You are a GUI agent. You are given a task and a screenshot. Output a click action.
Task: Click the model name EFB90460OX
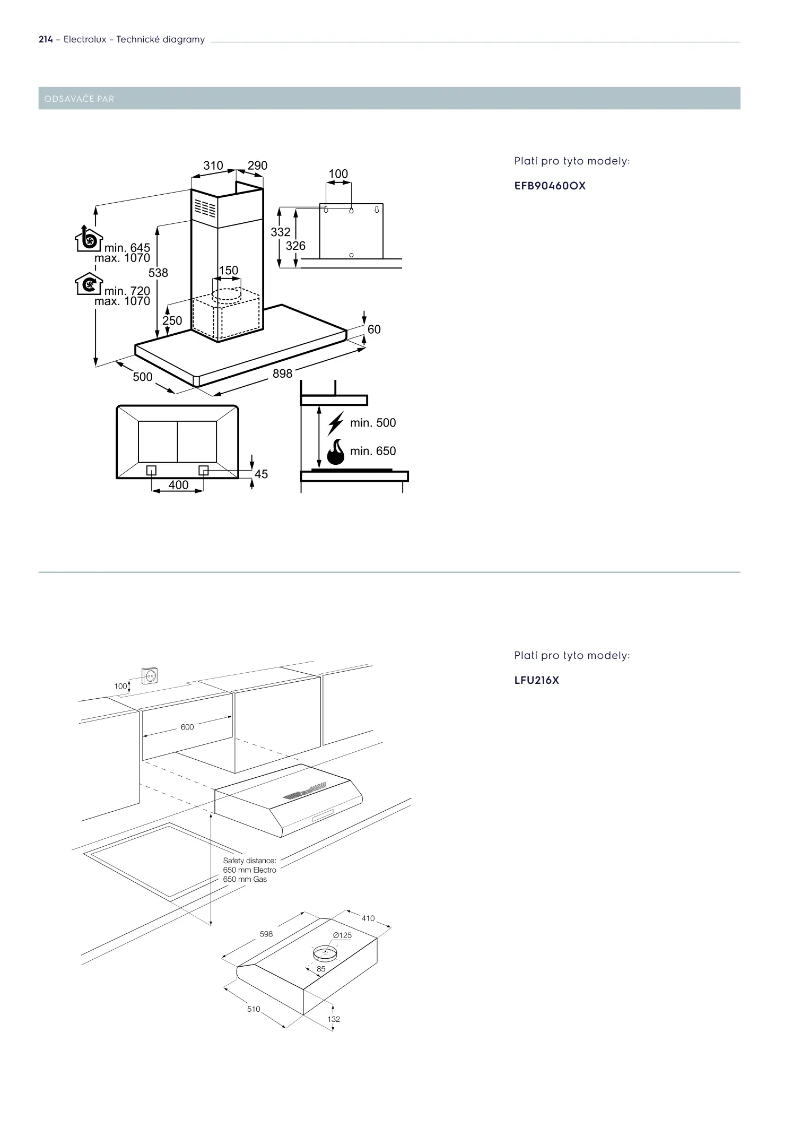(x=550, y=186)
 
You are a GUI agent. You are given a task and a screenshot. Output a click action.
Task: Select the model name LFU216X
(x=537, y=680)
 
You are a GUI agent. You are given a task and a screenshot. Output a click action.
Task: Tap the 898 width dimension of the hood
(x=282, y=374)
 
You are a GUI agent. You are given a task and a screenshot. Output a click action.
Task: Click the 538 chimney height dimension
(x=158, y=273)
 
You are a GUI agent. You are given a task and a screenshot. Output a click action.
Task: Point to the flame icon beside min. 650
(x=336, y=451)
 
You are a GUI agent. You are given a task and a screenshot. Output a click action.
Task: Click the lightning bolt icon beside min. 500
(x=336, y=423)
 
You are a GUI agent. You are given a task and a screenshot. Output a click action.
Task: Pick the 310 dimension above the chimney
(x=213, y=166)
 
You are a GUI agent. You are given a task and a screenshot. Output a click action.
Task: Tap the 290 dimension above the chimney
(x=257, y=166)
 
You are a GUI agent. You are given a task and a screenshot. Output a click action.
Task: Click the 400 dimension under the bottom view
(x=178, y=485)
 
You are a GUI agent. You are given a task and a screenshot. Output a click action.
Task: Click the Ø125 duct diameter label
(x=342, y=935)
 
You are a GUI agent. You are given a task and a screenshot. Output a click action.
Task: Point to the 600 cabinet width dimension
(x=187, y=727)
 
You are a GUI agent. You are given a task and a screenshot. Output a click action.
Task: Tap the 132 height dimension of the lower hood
(x=334, y=1019)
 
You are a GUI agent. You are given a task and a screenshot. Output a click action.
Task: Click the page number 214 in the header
(x=46, y=40)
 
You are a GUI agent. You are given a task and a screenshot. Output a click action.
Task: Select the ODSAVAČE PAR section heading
(x=80, y=99)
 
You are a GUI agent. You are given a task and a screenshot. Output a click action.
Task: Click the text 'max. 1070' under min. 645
(x=122, y=258)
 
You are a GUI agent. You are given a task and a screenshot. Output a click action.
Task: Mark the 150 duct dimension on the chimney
(x=229, y=271)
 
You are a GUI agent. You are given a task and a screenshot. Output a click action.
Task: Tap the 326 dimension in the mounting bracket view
(x=295, y=246)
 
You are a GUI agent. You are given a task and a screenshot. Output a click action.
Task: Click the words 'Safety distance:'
(x=249, y=861)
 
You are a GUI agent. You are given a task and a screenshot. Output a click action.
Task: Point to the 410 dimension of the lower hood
(x=368, y=918)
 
